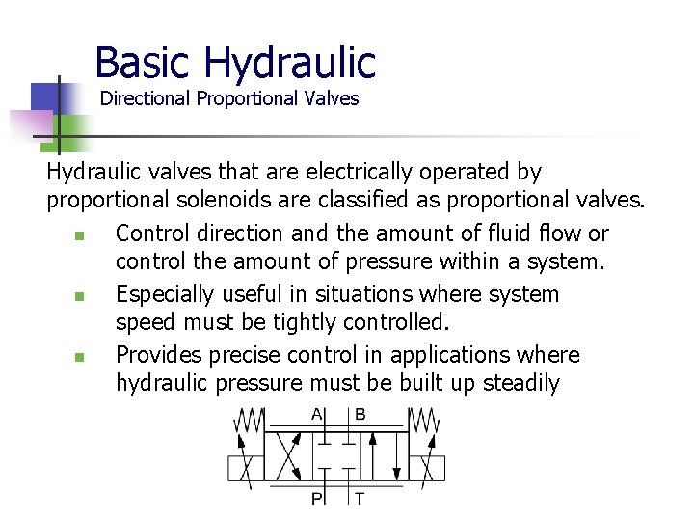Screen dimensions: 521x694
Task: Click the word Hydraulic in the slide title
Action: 290,63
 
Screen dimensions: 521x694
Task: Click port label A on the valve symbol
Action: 317,415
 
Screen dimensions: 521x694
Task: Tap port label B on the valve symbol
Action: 360,415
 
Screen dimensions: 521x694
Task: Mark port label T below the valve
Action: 360,498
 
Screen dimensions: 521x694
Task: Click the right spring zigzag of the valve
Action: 423,421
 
